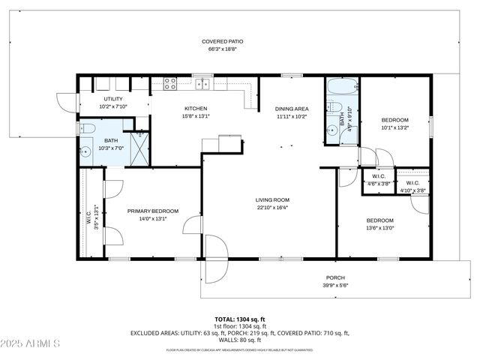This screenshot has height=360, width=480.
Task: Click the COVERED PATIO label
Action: (x=222, y=41)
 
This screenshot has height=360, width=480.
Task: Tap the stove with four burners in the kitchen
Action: (x=170, y=83)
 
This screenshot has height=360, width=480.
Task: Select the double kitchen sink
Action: (x=202, y=83)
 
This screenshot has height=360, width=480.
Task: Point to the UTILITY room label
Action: (x=113, y=99)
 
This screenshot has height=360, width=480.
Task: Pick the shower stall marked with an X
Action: (x=139, y=148)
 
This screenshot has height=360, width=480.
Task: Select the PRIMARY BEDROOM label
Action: (x=152, y=211)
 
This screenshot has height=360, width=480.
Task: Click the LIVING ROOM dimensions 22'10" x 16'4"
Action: (x=272, y=208)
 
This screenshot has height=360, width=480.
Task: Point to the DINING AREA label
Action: (x=292, y=109)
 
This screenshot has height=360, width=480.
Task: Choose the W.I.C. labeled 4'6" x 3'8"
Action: (x=378, y=180)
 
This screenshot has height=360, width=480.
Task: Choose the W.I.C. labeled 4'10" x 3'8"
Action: (x=412, y=187)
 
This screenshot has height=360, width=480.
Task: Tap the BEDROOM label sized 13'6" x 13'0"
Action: (x=381, y=224)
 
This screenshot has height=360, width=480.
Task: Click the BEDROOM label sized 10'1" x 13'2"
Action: (x=394, y=124)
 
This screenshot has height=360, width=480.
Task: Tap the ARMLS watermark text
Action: (x=31, y=344)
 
